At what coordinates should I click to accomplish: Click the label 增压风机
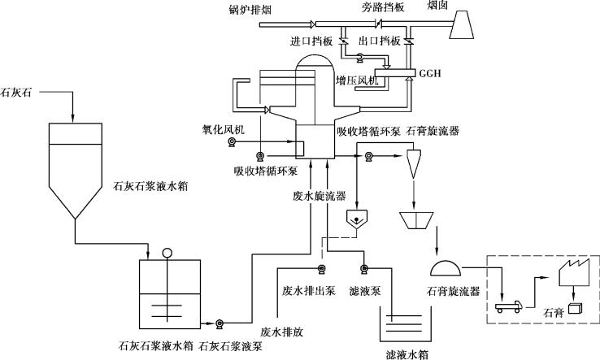pyautogui.click(x=359, y=81)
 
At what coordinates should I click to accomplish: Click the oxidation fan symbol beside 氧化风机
pyautogui.click(x=232, y=143)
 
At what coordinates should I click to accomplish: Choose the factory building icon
pyautogui.click(x=574, y=275)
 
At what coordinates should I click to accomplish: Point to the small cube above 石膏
pyautogui.click(x=577, y=308)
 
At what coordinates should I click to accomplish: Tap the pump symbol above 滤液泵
pyautogui.click(x=365, y=270)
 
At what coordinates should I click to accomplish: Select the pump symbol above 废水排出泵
pyautogui.click(x=322, y=270)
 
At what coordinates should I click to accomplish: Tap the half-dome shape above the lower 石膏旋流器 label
pyautogui.click(x=447, y=267)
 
